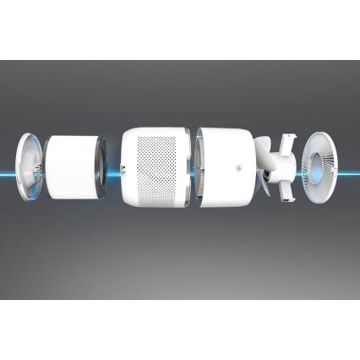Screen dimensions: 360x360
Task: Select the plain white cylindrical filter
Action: [x=72, y=166]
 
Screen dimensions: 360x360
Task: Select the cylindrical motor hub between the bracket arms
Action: [x=279, y=165]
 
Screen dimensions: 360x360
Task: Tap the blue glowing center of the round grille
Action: [x=320, y=166]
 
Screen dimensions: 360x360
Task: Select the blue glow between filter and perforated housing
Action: [x=113, y=166]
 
